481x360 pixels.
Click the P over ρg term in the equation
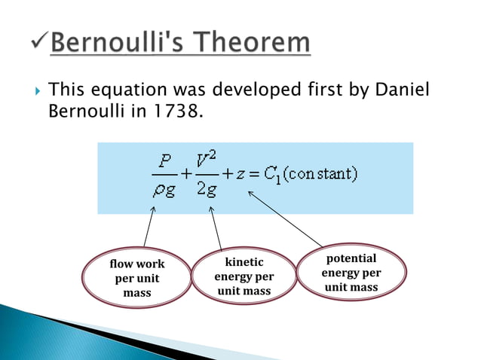click(x=165, y=175)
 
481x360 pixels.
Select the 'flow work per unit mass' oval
click(x=136, y=279)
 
